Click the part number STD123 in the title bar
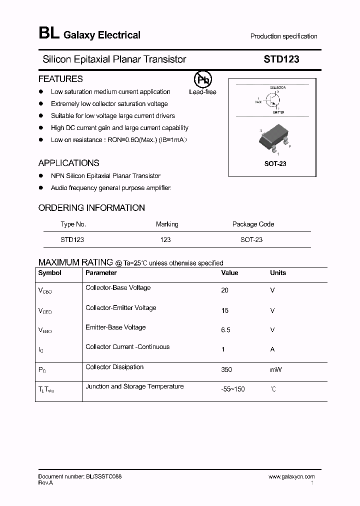(x=281, y=59)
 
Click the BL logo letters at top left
(x=48, y=34)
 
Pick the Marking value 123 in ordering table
(x=165, y=240)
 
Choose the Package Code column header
(x=253, y=224)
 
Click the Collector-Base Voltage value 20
(x=224, y=290)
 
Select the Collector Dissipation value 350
(x=226, y=369)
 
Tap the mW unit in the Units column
(x=275, y=369)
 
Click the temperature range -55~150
(x=232, y=389)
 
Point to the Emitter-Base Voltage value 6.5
(x=226, y=330)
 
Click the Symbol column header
(x=50, y=273)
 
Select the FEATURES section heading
(x=60, y=79)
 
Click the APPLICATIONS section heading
(x=68, y=163)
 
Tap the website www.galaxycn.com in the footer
(x=291, y=477)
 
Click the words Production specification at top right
(x=283, y=36)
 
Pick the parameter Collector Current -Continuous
(x=127, y=347)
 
